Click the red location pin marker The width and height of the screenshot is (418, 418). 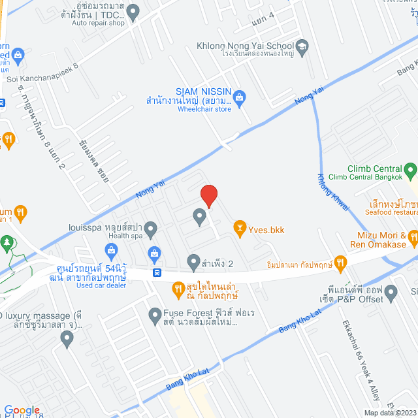(x=208, y=195)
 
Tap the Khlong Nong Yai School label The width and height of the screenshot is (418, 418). (x=246, y=46)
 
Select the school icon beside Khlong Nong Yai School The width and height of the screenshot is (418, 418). (x=302, y=46)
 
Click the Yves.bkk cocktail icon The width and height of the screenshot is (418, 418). (x=240, y=228)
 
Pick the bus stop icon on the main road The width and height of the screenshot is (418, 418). (x=157, y=272)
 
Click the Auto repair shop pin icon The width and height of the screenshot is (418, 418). (x=133, y=11)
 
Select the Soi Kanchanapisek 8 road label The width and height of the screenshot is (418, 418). (x=42, y=72)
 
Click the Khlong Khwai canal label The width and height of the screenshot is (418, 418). (x=332, y=192)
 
